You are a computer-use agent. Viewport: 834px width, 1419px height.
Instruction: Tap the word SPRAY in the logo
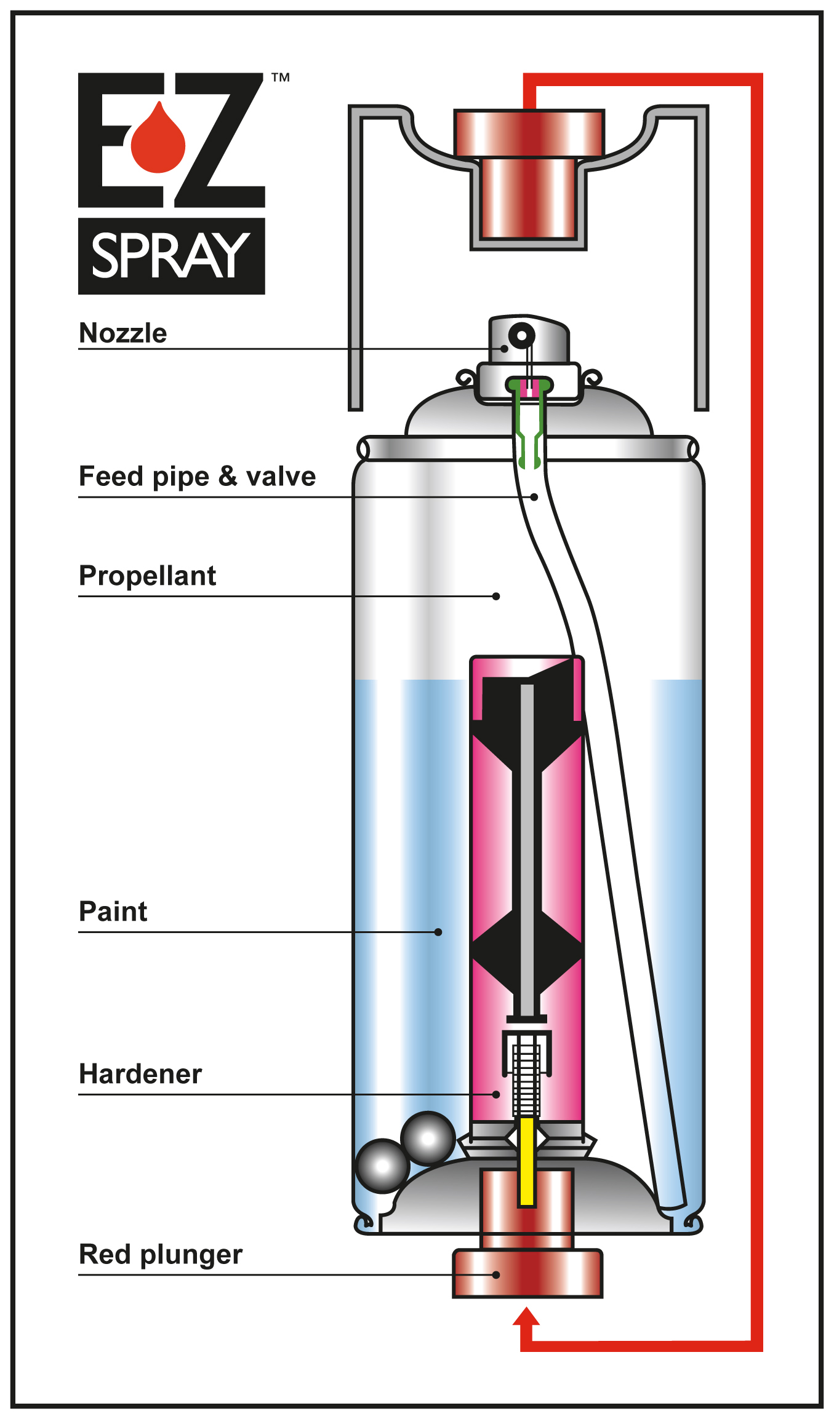(x=170, y=255)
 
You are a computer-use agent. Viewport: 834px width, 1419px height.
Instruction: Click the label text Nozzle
(x=123, y=333)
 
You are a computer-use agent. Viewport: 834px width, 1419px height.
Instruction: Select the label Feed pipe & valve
(x=197, y=477)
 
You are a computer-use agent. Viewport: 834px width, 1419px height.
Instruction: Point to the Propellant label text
(x=147, y=576)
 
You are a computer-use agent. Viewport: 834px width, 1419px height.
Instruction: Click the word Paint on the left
(x=113, y=912)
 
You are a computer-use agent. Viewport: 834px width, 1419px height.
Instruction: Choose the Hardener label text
(x=140, y=1074)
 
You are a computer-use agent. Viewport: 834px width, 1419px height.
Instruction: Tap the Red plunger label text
(x=161, y=1254)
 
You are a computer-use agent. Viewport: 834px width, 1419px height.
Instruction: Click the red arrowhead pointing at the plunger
(x=526, y=1318)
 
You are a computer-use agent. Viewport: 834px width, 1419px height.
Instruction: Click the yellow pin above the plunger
(x=527, y=1160)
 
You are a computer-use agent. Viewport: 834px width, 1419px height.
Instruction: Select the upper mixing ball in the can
(x=428, y=1138)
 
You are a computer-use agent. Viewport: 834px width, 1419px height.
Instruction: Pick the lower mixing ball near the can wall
(x=382, y=1166)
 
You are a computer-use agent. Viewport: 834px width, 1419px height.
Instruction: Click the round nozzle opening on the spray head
(x=522, y=335)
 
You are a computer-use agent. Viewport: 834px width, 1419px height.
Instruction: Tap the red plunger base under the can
(x=527, y=1273)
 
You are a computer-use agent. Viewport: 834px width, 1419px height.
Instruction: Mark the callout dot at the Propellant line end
(x=496, y=596)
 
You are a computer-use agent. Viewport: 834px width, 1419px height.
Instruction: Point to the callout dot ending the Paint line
(x=438, y=932)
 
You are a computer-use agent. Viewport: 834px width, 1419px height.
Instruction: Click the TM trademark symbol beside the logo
(x=281, y=78)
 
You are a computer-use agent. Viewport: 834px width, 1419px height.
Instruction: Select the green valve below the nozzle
(x=529, y=424)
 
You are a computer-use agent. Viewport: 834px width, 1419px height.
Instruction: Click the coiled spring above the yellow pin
(x=526, y=1076)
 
